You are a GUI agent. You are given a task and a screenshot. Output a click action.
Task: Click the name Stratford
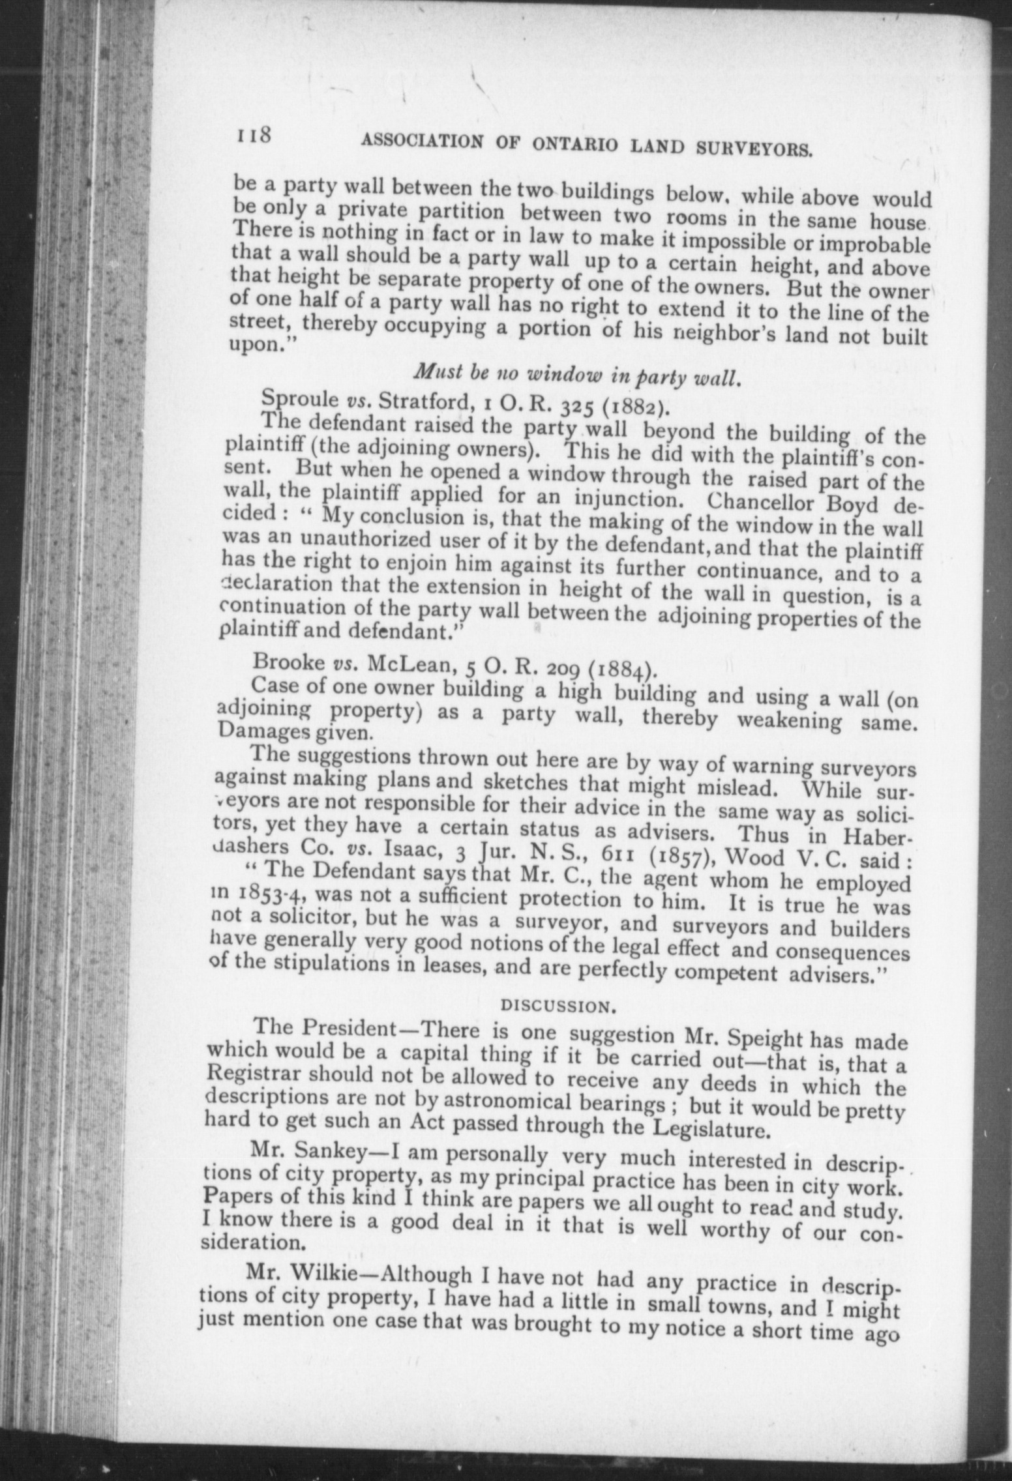point(423,401)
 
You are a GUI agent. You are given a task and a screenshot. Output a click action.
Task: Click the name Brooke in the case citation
point(289,662)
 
